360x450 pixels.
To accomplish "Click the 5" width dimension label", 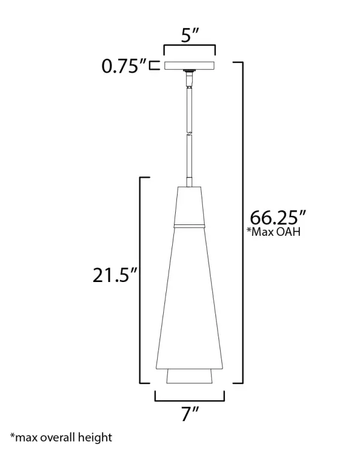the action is tap(190, 35).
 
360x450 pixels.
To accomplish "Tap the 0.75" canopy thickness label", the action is tap(124, 67).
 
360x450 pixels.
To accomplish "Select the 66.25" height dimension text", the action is tap(278, 218).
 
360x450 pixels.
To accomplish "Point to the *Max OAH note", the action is tap(274, 232).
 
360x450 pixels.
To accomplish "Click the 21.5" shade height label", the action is tap(115, 275).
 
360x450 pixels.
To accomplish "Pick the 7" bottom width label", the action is tap(190, 414).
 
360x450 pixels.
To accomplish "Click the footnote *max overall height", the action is tap(61, 438).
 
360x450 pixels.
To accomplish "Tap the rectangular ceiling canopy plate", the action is tap(190, 65).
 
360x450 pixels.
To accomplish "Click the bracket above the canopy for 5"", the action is tap(190, 46).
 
